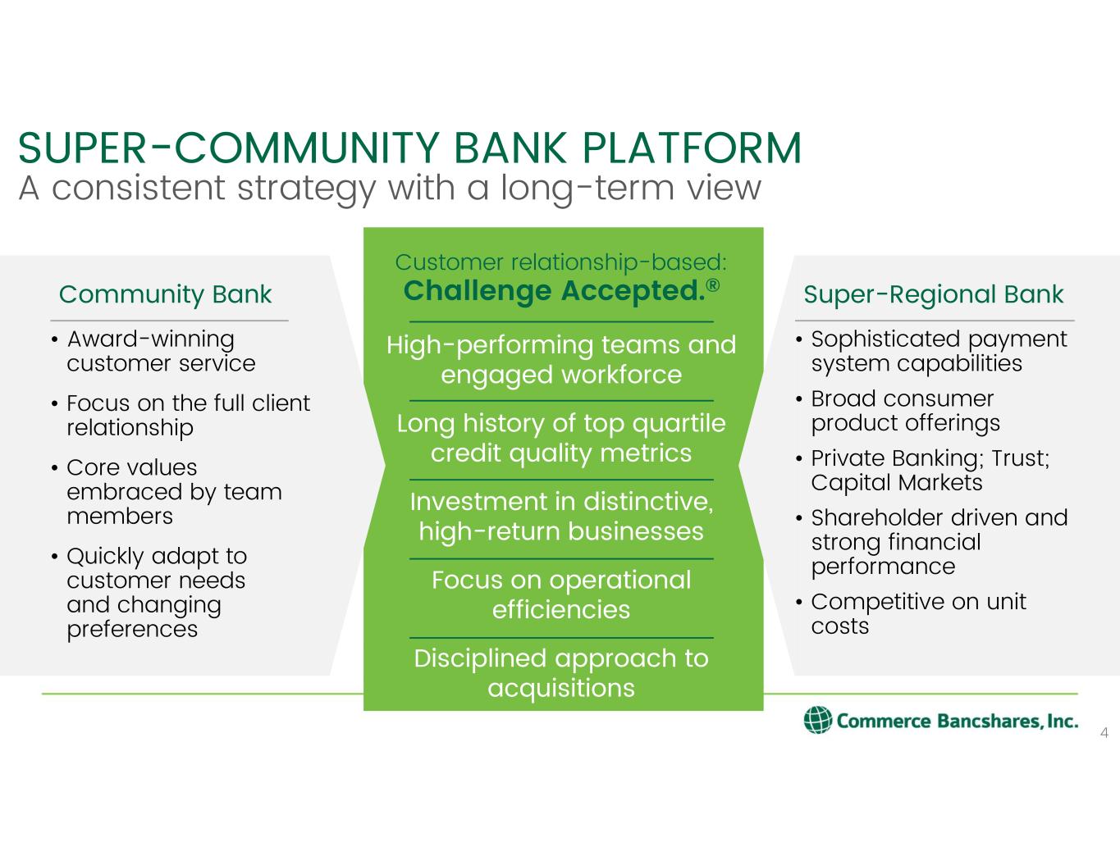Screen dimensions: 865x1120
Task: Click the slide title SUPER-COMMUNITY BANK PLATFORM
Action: (409, 148)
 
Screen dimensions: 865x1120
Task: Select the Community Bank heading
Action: (165, 294)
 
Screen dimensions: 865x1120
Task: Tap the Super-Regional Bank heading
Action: (933, 294)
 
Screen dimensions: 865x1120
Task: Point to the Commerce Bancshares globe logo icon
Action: (817, 720)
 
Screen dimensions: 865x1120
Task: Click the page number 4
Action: (1104, 733)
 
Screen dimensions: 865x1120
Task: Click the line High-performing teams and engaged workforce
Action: (561, 359)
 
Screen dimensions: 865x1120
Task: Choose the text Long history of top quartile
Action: (561, 423)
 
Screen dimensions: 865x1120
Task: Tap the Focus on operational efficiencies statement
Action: (561, 594)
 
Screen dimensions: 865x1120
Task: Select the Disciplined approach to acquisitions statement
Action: (561, 672)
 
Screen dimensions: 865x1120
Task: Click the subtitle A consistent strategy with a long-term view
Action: (390, 188)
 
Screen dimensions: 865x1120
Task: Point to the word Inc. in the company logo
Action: (1060, 721)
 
